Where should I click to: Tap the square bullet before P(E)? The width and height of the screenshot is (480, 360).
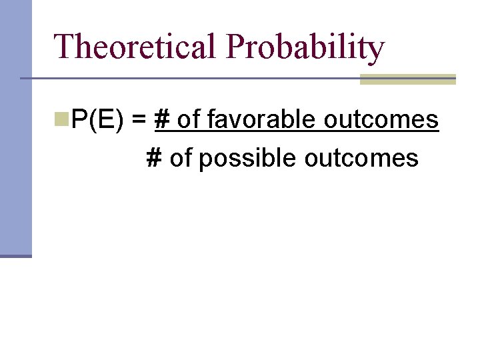[x=62, y=119]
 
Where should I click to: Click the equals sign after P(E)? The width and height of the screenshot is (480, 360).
[x=139, y=121]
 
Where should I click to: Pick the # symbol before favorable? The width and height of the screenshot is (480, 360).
[x=161, y=121]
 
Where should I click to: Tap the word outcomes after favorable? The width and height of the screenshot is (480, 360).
[x=381, y=121]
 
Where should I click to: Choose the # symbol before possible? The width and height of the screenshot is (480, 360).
[x=154, y=158]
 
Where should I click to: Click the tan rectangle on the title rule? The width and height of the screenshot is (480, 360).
[x=407, y=79]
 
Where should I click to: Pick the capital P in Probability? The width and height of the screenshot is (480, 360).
[x=237, y=47]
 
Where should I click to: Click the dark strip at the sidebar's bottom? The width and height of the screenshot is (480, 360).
[x=15, y=255]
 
